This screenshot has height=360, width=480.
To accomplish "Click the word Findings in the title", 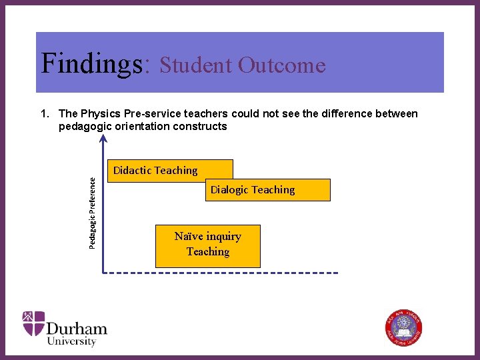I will pyautogui.click(x=91, y=64).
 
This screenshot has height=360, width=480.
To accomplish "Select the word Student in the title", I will pyautogui.click(x=193, y=65).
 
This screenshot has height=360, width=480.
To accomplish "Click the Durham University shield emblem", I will pyautogui.click(x=33, y=323).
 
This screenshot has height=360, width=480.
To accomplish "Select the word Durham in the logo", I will pyautogui.click(x=77, y=328).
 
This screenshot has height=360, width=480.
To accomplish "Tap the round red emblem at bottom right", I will pyautogui.click(x=403, y=328).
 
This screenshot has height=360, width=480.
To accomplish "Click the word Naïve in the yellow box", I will pyautogui.click(x=189, y=237).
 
